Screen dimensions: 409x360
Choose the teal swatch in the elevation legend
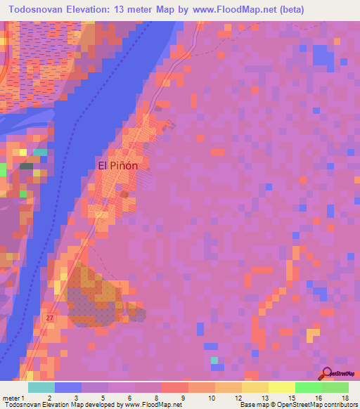click(x=41, y=387)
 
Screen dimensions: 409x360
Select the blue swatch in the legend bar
click(x=68, y=387)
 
